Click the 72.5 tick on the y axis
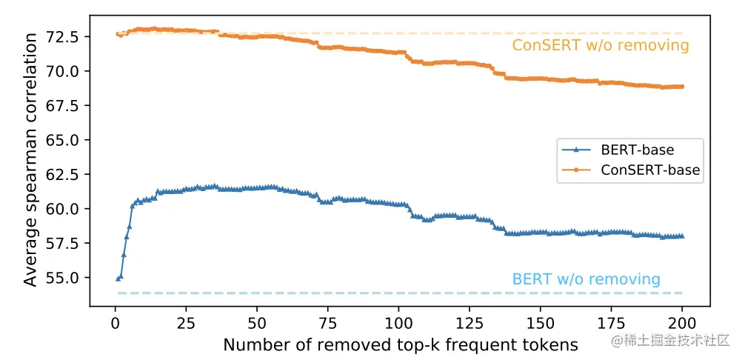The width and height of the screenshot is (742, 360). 66,36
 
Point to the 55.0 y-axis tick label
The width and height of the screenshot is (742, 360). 66,278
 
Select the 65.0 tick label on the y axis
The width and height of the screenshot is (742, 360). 66,140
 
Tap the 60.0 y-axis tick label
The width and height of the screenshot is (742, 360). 66,209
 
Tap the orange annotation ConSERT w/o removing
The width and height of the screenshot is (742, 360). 601,46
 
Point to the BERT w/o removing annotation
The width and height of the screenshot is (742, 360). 586,279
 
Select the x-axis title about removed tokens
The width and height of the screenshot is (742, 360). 400,345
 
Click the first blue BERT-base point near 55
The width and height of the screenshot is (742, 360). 118,279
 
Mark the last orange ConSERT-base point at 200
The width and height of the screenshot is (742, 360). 682,87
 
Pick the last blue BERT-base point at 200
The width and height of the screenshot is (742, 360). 682,236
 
